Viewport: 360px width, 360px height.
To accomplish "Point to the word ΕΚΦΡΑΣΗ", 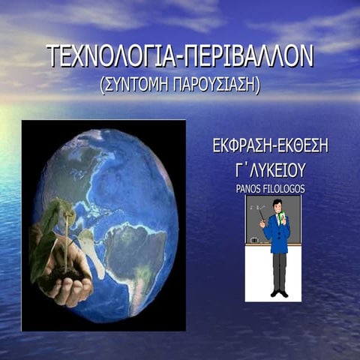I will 241,145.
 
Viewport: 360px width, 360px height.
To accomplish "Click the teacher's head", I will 277,205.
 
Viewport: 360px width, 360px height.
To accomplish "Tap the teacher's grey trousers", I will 279,270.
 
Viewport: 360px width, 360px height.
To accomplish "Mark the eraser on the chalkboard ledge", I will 253,240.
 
